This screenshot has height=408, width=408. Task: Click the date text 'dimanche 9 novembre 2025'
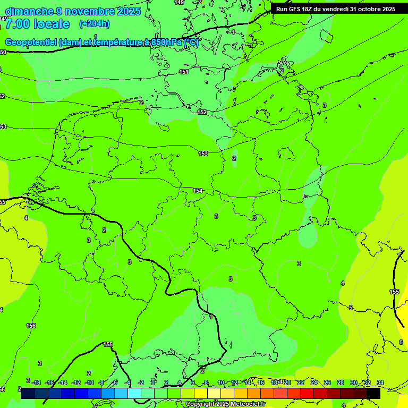(73, 11)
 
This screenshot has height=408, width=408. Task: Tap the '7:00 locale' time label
(37, 24)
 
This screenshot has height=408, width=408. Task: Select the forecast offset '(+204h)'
(94, 24)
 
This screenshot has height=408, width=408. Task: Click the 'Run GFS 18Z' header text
(298, 9)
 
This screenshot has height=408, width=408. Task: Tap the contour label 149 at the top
(180, 3)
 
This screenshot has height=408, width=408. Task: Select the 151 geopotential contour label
(184, 72)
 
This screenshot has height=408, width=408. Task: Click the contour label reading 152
(202, 112)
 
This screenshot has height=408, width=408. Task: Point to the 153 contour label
(203, 154)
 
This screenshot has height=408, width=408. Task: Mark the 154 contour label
(198, 191)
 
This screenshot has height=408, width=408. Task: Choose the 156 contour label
(31, 326)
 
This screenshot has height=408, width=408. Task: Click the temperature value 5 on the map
(351, 308)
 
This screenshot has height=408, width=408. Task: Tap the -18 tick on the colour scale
(36, 382)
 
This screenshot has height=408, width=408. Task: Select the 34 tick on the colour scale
(380, 382)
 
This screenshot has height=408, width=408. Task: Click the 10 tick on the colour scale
(221, 382)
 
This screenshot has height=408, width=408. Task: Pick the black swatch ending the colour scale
(373, 394)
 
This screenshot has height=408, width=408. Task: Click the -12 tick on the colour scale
(76, 382)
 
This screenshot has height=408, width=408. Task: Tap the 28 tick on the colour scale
(341, 382)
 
